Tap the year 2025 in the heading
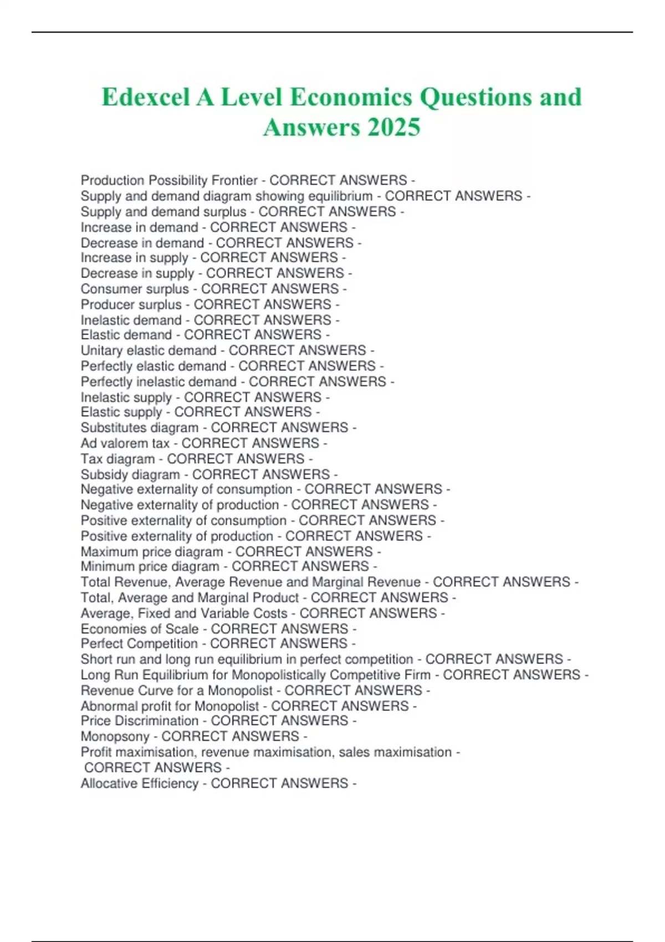393,127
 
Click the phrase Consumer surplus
135,289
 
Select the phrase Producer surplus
131,304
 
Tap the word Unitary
102,350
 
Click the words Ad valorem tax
125,443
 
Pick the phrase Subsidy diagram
130,474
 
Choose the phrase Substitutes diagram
139,428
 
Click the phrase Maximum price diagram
151,552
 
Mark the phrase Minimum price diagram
150,567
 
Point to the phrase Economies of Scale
139,629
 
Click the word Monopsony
115,736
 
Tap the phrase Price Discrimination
139,721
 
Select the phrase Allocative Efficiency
139,784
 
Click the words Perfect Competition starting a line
139,644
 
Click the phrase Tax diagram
117,459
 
